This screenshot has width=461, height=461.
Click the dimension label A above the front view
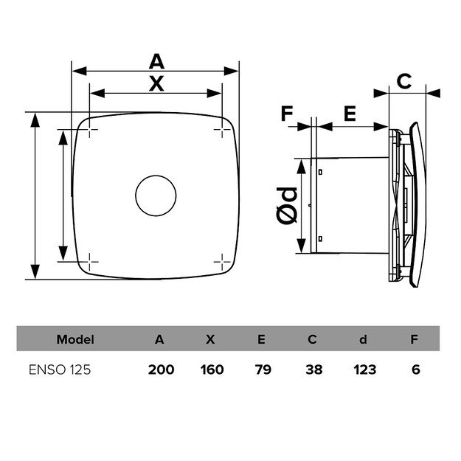(156, 61)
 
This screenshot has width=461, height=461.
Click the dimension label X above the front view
(156, 83)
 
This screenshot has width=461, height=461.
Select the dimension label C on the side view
(404, 81)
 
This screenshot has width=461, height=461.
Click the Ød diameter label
(289, 205)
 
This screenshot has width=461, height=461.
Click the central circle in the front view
(156, 195)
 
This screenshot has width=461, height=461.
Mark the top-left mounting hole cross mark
(89, 131)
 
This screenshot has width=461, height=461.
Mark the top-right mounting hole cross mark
(222, 131)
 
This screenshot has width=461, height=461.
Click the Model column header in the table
(75, 340)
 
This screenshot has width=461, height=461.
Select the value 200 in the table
(160, 369)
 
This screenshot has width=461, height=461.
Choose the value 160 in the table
(212, 369)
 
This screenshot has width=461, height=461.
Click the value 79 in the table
(262, 369)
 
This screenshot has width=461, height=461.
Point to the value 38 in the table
(313, 369)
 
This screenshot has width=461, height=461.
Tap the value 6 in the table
(416, 369)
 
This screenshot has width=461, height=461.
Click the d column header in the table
(363, 340)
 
